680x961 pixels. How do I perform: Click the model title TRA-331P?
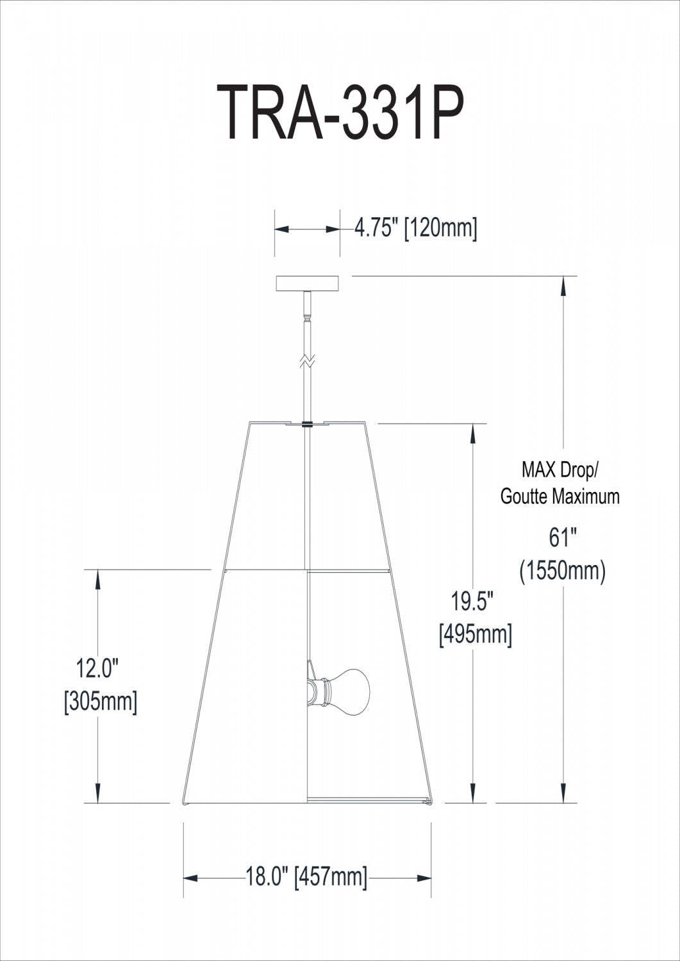pyautogui.click(x=339, y=113)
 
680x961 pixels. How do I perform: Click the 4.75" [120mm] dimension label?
pyautogui.click(x=416, y=228)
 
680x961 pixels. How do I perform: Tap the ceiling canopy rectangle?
pyautogui.click(x=308, y=283)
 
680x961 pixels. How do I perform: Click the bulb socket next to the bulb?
pyautogui.click(x=320, y=691)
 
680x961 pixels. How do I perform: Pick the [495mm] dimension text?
pyautogui.click(x=475, y=635)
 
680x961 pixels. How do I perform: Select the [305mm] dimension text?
pyautogui.click(x=101, y=702)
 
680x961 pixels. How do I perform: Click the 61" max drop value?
pyautogui.click(x=560, y=538)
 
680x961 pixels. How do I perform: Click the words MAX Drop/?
pyautogui.click(x=560, y=470)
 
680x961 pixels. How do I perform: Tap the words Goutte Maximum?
pyautogui.click(x=560, y=496)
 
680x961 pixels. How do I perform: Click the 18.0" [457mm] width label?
pyautogui.click(x=306, y=876)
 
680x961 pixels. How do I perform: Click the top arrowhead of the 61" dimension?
pyautogui.click(x=563, y=285)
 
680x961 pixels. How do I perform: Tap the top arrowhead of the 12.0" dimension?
pyautogui.click(x=98, y=579)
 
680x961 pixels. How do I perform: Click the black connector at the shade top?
pyautogui.click(x=308, y=423)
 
